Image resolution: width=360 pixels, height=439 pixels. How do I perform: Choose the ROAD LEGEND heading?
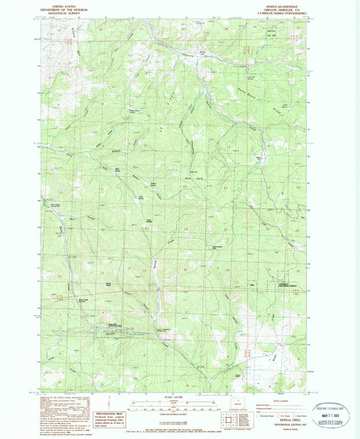tap(268, 400)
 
